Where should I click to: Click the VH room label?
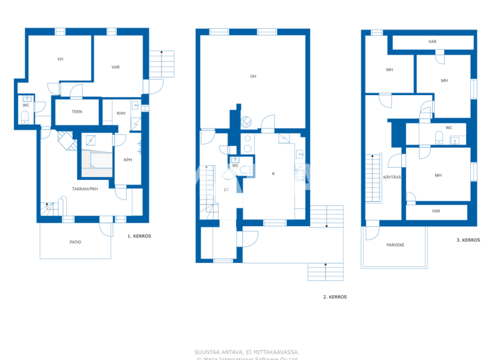point(60,59)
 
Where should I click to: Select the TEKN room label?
point(77,111)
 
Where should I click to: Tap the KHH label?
point(121,114)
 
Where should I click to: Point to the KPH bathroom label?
point(127,160)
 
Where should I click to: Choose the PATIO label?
point(76,242)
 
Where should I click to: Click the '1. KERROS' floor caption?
point(139,237)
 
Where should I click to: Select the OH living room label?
point(253,76)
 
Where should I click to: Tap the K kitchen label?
point(273,174)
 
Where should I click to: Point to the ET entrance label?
point(226,190)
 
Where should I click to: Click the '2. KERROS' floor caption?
point(334,297)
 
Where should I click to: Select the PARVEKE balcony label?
point(395,246)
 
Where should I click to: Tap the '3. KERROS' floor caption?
point(468,240)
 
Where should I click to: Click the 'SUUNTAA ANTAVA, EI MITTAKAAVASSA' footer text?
point(247,352)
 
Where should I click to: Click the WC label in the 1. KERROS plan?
point(26,105)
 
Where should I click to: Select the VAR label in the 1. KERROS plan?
point(116,67)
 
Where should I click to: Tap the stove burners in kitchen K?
point(299,172)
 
